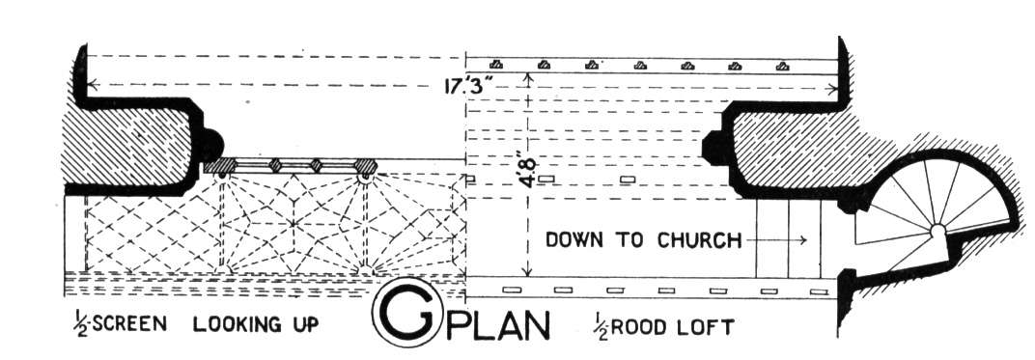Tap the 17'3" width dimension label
pos(471,87)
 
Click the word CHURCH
pos(699,240)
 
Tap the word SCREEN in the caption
pos(128,325)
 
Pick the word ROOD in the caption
pos(639,328)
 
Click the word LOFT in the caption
pos(707,328)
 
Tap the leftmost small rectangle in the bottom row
pos(512,290)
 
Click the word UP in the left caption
pos(303,325)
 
